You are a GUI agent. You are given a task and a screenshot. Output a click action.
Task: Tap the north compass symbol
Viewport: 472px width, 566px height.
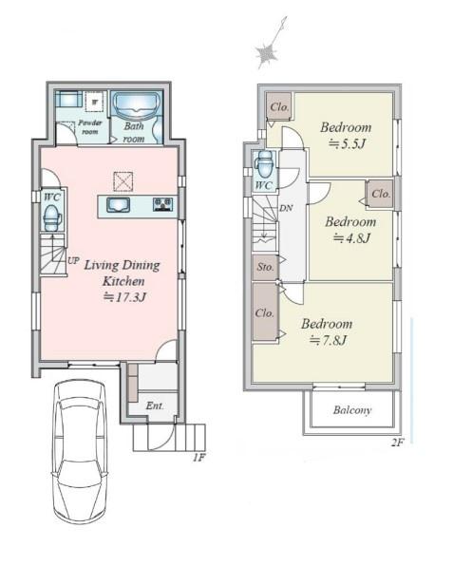click(x=269, y=47)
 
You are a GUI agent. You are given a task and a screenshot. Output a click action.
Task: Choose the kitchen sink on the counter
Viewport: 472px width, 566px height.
click(x=118, y=205)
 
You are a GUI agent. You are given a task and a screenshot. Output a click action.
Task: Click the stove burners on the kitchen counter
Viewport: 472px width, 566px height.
click(x=163, y=205)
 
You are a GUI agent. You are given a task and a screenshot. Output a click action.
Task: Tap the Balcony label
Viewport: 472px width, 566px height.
click(x=352, y=410)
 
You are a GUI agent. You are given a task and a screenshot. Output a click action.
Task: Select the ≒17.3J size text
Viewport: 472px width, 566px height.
click(x=124, y=297)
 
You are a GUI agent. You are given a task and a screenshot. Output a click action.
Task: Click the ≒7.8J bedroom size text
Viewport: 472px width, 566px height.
click(x=329, y=340)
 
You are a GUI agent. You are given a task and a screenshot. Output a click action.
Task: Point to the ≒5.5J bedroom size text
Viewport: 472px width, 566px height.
click(x=347, y=143)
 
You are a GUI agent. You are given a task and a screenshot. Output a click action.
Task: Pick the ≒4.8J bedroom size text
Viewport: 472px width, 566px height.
click(x=351, y=237)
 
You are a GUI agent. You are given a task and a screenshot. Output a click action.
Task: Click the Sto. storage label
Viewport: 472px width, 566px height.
click(x=265, y=267)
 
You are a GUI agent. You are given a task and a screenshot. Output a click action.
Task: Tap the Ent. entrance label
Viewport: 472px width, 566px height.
click(x=155, y=406)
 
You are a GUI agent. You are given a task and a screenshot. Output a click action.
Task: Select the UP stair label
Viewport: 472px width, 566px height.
click(x=72, y=260)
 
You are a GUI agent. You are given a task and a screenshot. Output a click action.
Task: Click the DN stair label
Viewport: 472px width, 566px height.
click(x=286, y=208)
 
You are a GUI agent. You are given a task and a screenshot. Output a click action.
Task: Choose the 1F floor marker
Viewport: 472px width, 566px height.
click(x=198, y=458)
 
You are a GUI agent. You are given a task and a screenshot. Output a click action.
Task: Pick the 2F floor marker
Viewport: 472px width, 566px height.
click(x=397, y=443)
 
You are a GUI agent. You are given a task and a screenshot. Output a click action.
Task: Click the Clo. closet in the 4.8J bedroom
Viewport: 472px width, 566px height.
click(x=381, y=194)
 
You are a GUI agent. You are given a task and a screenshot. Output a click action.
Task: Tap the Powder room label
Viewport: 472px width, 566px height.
click(x=90, y=127)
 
